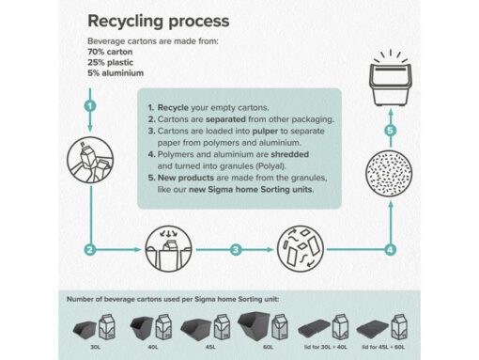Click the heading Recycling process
(159, 22)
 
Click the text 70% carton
(110, 52)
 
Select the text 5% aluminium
(116, 73)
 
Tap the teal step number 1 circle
(90, 105)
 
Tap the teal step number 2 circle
(90, 250)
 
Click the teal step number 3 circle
(236, 250)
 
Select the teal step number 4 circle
(390, 250)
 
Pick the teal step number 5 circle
(390, 131)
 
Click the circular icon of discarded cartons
(90, 160)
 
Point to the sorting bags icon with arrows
(168, 249)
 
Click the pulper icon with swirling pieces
(301, 249)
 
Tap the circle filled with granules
(389, 173)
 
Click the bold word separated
(225, 119)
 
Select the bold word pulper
(265, 132)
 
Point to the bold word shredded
(290, 154)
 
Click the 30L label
(96, 347)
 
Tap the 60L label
(269, 347)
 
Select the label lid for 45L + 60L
(383, 347)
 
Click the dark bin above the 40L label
(142, 328)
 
